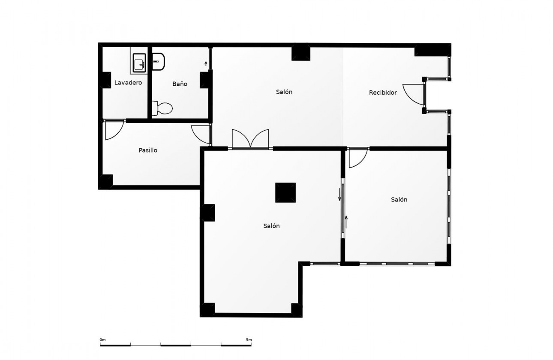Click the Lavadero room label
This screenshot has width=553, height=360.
click(x=128, y=83)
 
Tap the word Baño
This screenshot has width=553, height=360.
click(x=180, y=84)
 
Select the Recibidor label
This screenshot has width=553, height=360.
click(x=383, y=93)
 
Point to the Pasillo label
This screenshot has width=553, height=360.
click(x=148, y=150)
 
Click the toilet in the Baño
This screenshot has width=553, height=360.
click(x=162, y=108)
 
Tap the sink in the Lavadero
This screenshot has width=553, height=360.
click(x=139, y=63)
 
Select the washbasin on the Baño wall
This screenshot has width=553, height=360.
click(x=158, y=61)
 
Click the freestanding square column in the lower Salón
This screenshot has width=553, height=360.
click(x=286, y=192)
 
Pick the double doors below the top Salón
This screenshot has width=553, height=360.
click(x=250, y=139)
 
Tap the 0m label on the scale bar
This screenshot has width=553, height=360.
click(x=102, y=340)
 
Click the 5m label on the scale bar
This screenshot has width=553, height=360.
click(x=249, y=340)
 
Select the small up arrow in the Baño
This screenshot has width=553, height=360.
click(x=206, y=64)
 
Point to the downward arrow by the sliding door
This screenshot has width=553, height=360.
click(x=340, y=194)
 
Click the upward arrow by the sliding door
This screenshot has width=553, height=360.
click(x=346, y=222)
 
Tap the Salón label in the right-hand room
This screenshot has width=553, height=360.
click(x=399, y=199)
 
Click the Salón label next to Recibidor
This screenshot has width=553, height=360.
click(x=284, y=92)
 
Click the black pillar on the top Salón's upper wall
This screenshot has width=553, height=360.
click(x=301, y=52)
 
